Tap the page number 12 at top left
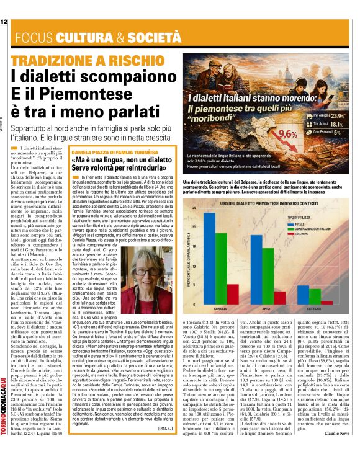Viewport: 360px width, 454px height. (x=4, y=22)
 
